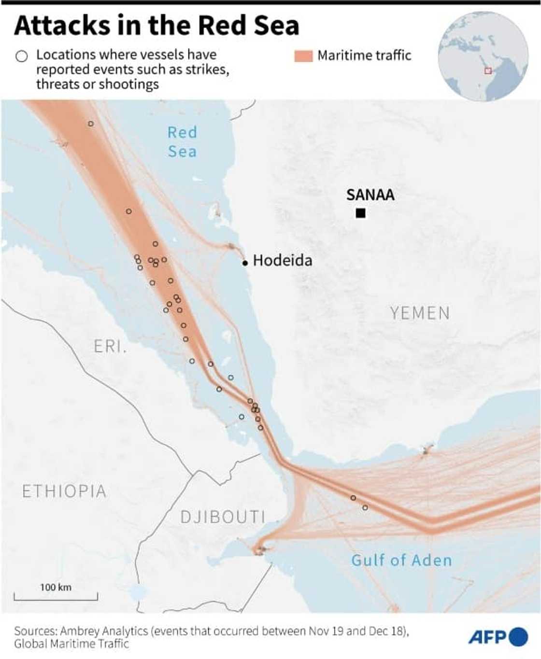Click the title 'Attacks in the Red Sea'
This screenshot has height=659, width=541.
[x=157, y=25]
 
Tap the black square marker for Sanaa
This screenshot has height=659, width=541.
[x=360, y=213]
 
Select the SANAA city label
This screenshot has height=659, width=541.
[x=370, y=195]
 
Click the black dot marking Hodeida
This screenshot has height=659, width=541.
[x=245, y=263]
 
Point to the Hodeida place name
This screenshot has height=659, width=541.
[x=283, y=261]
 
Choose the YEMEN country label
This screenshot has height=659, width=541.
[x=420, y=313]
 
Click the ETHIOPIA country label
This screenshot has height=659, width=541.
[x=64, y=491]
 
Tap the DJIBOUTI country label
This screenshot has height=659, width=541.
[x=223, y=517]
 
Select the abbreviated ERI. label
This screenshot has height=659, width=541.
[x=110, y=346]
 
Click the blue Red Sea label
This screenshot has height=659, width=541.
[x=182, y=142]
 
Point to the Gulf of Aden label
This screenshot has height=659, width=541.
[x=401, y=560]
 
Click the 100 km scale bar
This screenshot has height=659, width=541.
[x=56, y=596]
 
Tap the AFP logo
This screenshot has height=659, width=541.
[x=498, y=637]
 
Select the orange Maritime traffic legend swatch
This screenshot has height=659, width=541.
[x=303, y=56]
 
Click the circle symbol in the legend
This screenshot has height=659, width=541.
[x=22, y=56]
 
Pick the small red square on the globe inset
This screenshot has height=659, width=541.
[x=488, y=70]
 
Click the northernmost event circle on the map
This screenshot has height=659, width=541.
[x=91, y=124]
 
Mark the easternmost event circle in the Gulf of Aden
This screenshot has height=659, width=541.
[x=365, y=507]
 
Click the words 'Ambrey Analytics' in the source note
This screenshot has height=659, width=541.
[x=104, y=631]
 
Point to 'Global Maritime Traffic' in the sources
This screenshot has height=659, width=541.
[x=71, y=644]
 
